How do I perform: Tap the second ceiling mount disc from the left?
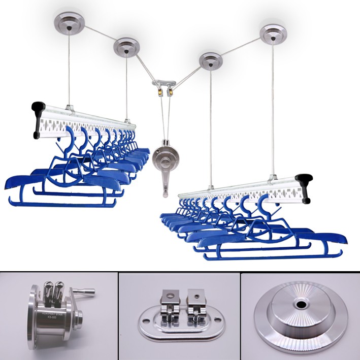point(126,47)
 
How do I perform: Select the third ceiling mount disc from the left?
point(210,61)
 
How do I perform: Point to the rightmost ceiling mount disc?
point(273,34)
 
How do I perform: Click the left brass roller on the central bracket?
point(159,92)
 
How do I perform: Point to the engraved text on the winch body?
point(52,317)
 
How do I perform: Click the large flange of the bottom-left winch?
point(35,317)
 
